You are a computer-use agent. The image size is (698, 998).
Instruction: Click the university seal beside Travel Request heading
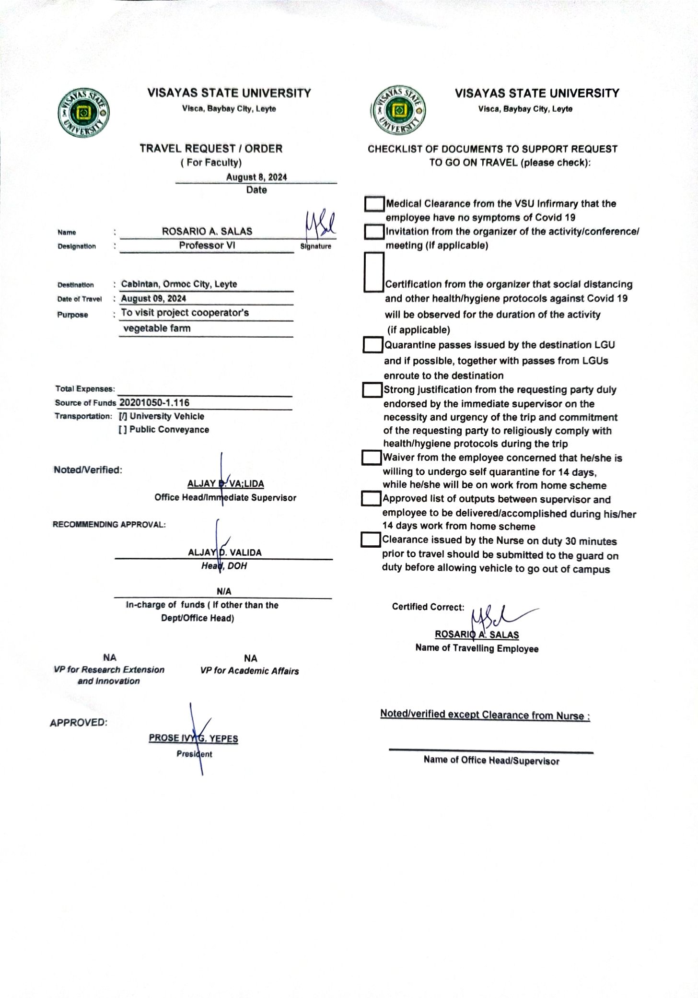point(83,113)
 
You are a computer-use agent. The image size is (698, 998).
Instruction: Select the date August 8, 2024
point(256,177)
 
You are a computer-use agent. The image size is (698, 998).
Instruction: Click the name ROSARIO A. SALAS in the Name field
point(207,231)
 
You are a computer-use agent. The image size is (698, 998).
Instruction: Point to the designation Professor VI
point(207,246)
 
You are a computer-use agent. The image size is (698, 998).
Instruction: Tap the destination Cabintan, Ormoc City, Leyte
point(179,284)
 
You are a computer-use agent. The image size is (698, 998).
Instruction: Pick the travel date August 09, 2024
point(153,298)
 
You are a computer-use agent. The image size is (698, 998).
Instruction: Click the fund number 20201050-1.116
point(154,403)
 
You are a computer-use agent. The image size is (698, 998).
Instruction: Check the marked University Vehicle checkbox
point(123,417)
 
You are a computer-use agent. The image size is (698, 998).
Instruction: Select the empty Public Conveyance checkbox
point(123,430)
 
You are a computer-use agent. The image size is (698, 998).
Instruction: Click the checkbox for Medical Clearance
point(374,204)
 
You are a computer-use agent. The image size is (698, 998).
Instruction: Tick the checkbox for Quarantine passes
point(372,345)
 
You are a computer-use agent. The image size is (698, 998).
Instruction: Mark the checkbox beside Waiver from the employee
point(371,458)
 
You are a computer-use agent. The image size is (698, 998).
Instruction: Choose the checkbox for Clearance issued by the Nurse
point(370,540)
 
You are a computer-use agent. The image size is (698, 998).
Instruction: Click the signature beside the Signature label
point(319,224)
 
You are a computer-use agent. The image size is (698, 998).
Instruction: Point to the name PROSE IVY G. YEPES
point(193,738)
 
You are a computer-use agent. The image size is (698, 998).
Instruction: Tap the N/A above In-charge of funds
point(224,591)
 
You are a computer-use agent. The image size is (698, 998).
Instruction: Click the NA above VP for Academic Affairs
point(250,658)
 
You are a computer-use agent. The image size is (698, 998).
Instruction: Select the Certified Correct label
point(428,607)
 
